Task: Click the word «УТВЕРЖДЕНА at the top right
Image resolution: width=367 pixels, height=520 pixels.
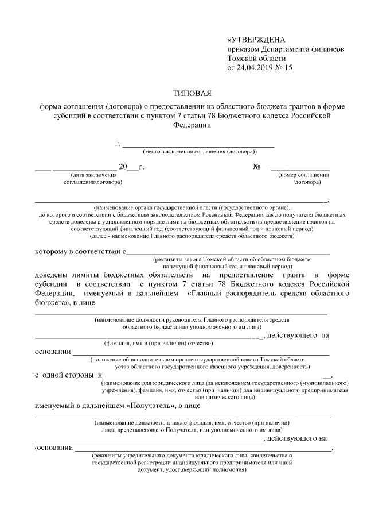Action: pos(256,40)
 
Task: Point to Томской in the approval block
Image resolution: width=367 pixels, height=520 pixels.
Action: pos(244,59)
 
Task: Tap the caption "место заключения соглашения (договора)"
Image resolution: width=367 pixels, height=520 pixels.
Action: pos(199,152)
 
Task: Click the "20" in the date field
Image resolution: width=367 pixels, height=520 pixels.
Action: pos(122,167)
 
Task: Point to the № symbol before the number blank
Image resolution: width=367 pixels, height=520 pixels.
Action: pos(257,167)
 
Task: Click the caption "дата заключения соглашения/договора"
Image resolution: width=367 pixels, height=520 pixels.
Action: pos(92,178)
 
